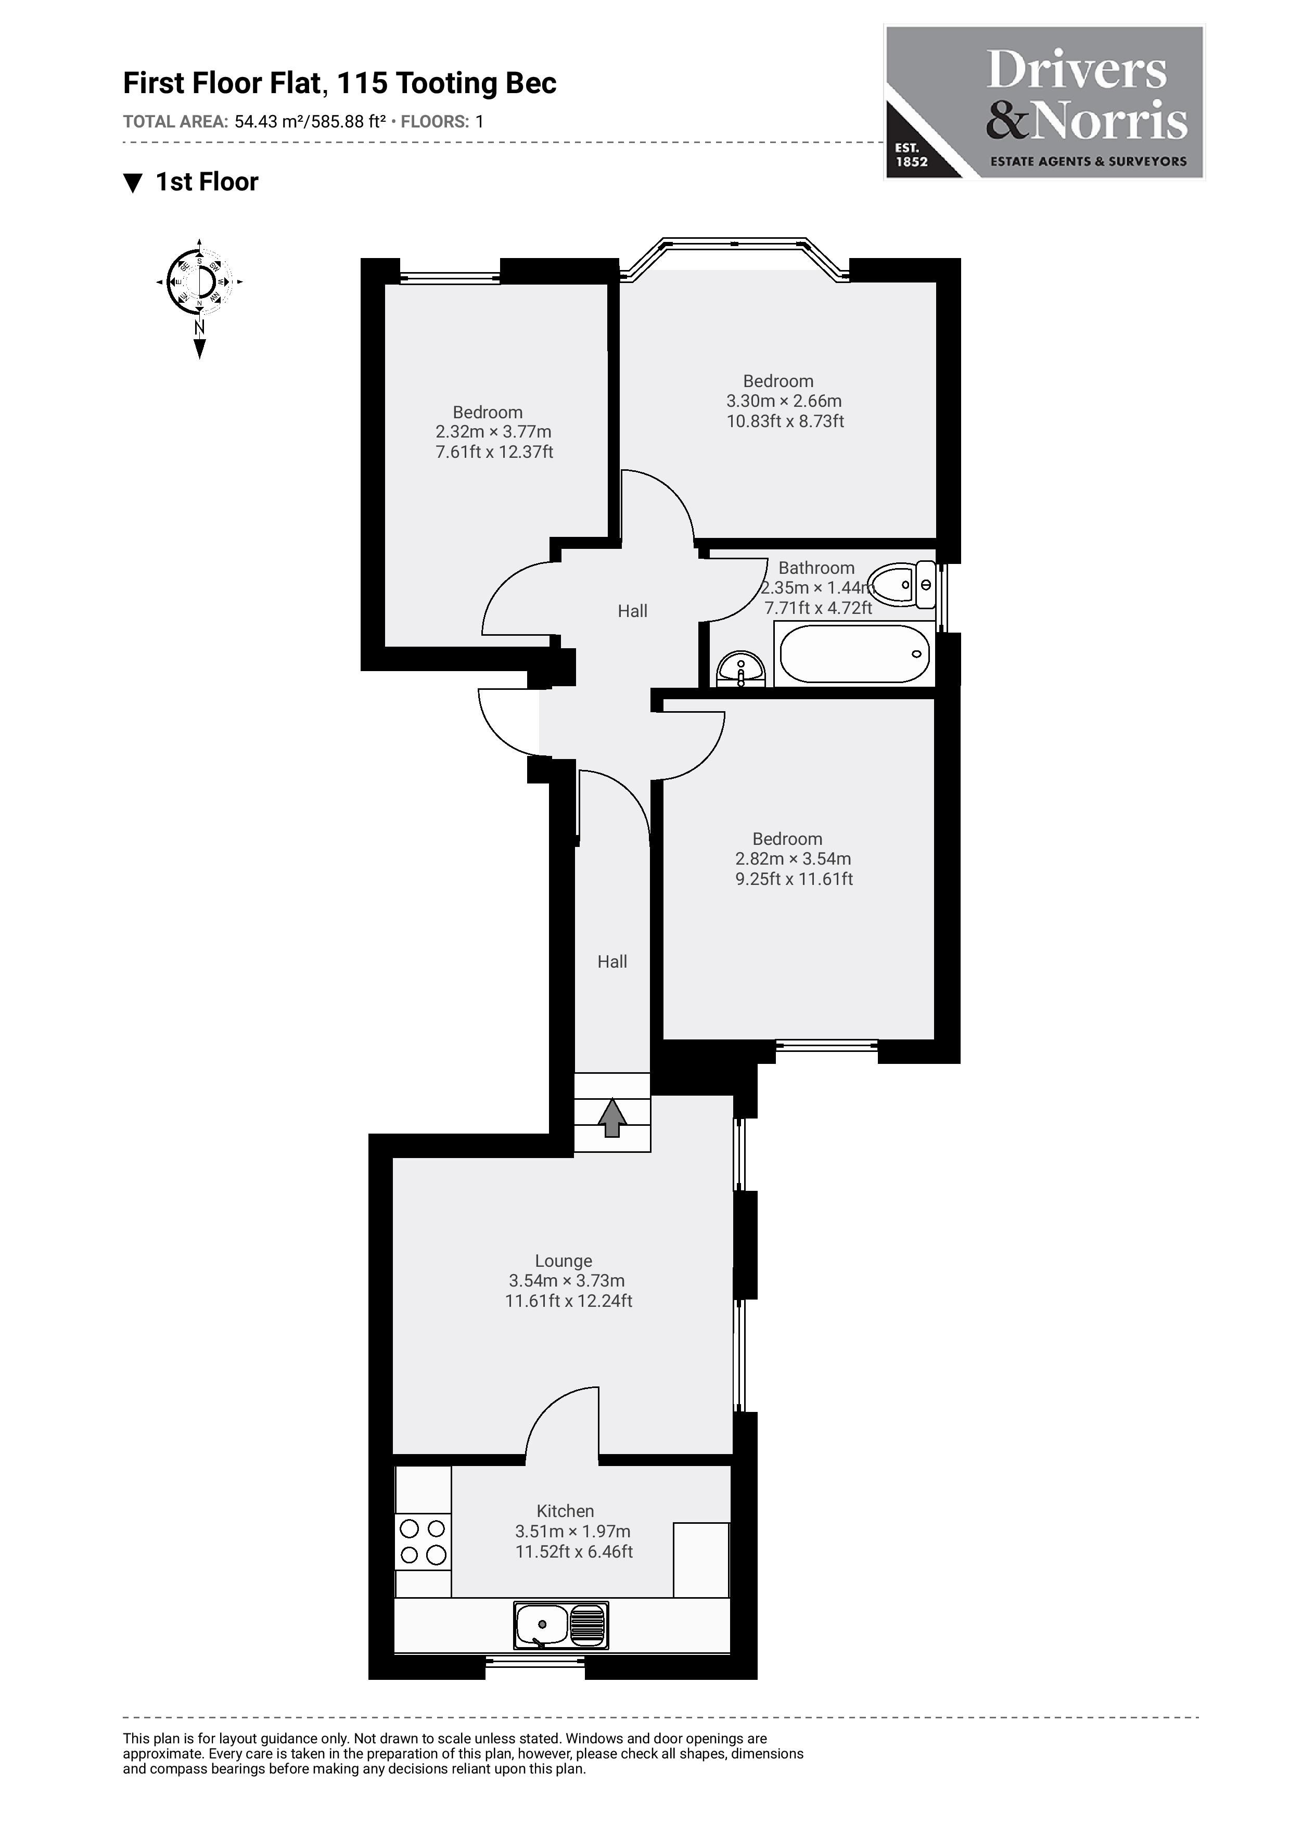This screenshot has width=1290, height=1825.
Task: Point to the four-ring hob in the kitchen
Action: pos(423,1541)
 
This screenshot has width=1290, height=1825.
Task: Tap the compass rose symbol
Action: pos(199,282)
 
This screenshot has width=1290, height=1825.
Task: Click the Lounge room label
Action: pos(564,1261)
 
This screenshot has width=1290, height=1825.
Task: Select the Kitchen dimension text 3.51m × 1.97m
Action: pos(572,1531)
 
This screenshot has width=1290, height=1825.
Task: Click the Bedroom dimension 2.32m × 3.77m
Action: pos(493,432)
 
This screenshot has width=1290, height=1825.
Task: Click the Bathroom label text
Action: pos(816,568)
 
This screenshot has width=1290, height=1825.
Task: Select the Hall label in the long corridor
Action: pos(612,962)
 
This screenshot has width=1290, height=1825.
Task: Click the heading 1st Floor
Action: pos(207,182)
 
